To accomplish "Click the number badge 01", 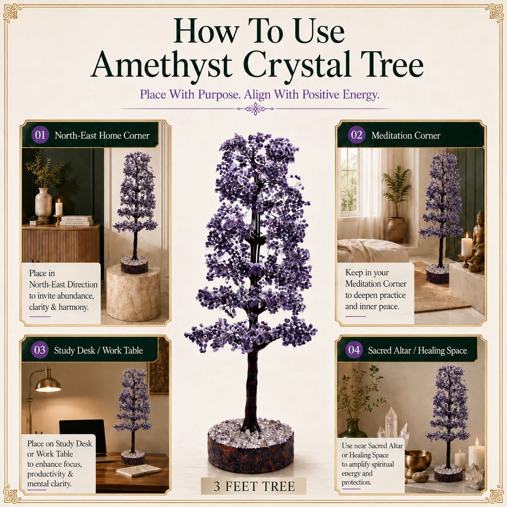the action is tap(40, 135).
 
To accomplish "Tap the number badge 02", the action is tap(356, 135).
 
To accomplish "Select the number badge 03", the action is tap(40, 350).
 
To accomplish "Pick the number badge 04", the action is tap(354, 350).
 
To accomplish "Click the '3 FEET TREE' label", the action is tap(254, 486).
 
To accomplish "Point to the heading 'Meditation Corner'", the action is tap(406, 136).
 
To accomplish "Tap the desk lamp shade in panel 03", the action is tap(48, 384).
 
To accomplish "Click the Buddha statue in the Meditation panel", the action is tap(477, 241).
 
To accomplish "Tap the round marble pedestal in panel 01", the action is tap(133, 292).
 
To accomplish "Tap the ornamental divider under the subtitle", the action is tap(255, 109).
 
